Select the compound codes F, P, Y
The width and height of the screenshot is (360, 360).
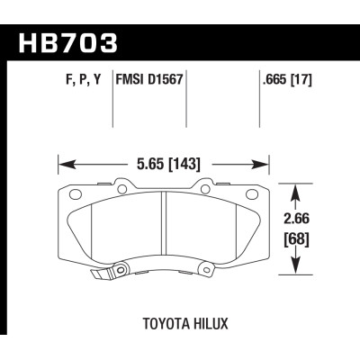click(72, 90)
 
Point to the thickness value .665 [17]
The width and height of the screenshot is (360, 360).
click(286, 90)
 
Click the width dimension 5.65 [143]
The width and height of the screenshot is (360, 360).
click(165, 164)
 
